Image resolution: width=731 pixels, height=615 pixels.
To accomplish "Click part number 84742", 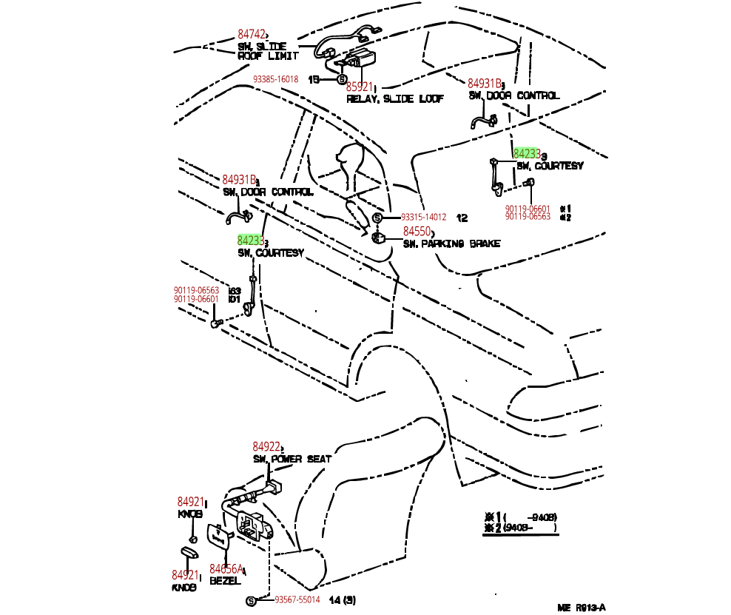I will point(251,34).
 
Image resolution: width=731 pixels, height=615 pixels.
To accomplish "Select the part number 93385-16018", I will point(275,79).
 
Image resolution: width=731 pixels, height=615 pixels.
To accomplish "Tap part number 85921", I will point(360,87).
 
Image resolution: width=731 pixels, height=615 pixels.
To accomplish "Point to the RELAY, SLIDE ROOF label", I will point(395,98).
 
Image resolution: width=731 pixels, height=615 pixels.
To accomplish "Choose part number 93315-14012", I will point(423,218).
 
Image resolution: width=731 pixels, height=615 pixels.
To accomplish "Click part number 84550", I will point(417,232).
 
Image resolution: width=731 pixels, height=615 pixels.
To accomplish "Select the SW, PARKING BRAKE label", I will point(451,243).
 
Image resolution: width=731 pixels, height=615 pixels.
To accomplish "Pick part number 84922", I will point(266,447).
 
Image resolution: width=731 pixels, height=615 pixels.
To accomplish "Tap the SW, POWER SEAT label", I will point(292,459).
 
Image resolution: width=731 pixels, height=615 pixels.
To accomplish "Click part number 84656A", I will point(226,569).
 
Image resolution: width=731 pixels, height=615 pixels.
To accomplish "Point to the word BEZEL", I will point(225,581).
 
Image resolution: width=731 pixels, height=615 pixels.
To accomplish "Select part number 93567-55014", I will point(297,600).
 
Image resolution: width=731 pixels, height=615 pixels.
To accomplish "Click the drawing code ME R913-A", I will point(582,607).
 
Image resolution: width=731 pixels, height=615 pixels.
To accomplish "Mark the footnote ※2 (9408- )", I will point(519,528).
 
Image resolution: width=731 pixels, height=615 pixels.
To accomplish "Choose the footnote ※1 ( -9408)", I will point(519,517).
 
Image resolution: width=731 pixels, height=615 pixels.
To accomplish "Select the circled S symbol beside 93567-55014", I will point(250,600).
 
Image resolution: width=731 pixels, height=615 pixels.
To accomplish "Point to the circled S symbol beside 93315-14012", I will point(377,218).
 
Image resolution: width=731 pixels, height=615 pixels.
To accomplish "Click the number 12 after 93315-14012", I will point(462,218).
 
